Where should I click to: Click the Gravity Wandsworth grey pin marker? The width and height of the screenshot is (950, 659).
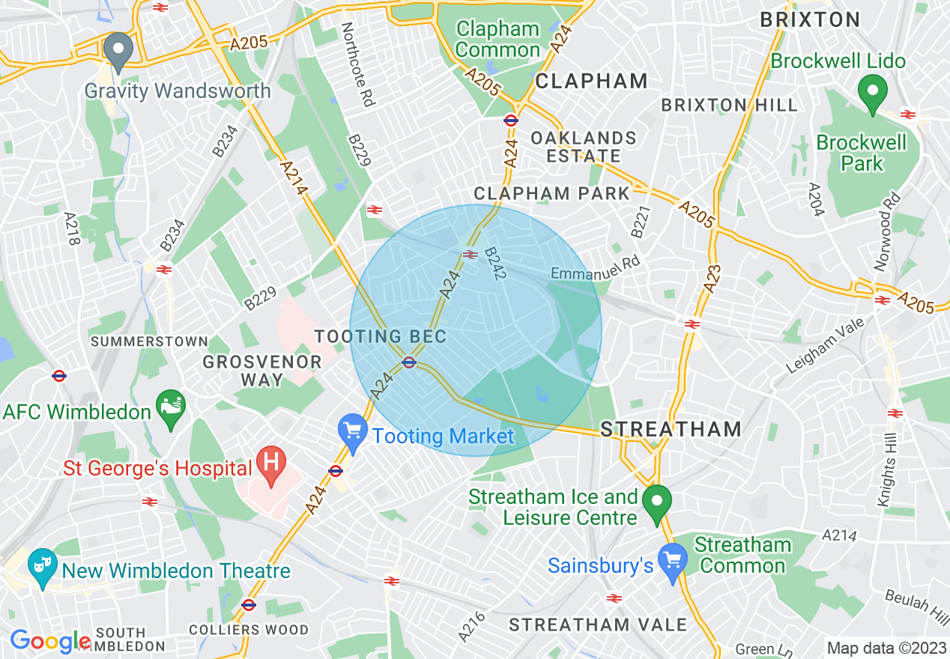click(x=118, y=51)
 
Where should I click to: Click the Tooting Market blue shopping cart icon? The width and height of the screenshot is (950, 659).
click(x=352, y=432)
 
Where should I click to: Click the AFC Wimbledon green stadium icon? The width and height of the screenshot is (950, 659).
click(x=172, y=409)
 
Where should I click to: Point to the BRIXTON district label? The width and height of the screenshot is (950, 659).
click(x=810, y=19)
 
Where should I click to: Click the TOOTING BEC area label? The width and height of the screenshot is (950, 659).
click(x=381, y=336)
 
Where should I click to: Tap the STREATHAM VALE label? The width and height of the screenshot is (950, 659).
click(x=598, y=625)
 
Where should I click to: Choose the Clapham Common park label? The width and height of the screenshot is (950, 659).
click(x=497, y=40)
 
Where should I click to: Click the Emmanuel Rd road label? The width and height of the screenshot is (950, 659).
click(x=596, y=269)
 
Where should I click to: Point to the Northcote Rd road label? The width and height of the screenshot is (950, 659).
click(x=357, y=64)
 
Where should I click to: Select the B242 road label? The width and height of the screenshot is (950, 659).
click(x=496, y=263)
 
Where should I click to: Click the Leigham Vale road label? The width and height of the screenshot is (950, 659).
click(x=824, y=345)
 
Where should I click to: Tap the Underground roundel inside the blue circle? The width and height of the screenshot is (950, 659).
click(x=409, y=362)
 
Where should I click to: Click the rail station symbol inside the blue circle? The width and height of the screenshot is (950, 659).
click(x=471, y=255)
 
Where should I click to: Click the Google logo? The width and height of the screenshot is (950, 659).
click(x=49, y=640)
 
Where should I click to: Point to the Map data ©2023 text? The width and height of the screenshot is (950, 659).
click(x=886, y=648)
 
